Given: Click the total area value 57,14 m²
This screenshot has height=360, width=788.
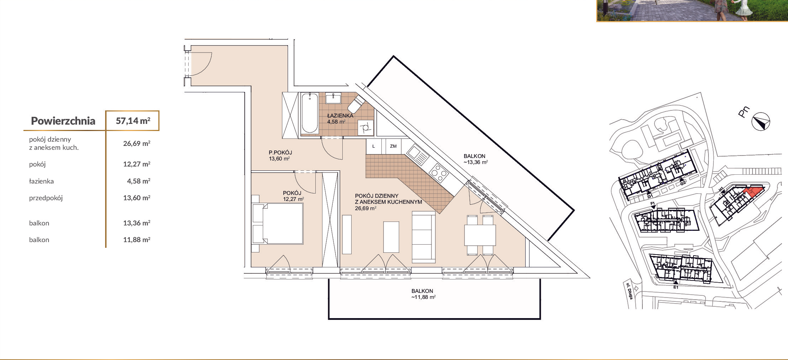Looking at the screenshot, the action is [x=133, y=121].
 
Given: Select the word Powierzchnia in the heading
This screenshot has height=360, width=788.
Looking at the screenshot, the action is [x=63, y=121].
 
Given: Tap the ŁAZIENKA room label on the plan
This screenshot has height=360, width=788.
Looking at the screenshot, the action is [x=340, y=115].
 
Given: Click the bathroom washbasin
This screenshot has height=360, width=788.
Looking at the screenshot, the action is [x=333, y=98].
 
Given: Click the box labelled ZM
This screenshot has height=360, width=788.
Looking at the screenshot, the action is [x=393, y=146].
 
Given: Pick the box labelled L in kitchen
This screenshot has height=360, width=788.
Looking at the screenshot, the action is [x=374, y=146].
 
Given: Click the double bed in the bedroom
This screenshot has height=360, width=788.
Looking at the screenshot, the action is [x=277, y=223].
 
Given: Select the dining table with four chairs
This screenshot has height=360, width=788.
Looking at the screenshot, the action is [x=480, y=235].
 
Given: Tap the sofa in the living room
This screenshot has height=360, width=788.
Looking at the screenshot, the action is [x=424, y=237].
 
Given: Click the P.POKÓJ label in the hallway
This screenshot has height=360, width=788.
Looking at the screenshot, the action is [x=280, y=153].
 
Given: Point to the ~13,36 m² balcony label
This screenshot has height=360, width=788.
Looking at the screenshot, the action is [x=475, y=162].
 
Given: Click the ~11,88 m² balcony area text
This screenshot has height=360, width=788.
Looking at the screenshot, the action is [x=423, y=297].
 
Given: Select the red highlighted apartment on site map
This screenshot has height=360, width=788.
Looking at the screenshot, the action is [x=753, y=192].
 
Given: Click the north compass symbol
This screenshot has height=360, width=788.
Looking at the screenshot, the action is [x=761, y=122].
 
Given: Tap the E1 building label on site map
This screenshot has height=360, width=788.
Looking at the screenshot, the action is [x=676, y=287].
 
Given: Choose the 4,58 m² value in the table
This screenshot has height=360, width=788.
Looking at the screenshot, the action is [x=138, y=181].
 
